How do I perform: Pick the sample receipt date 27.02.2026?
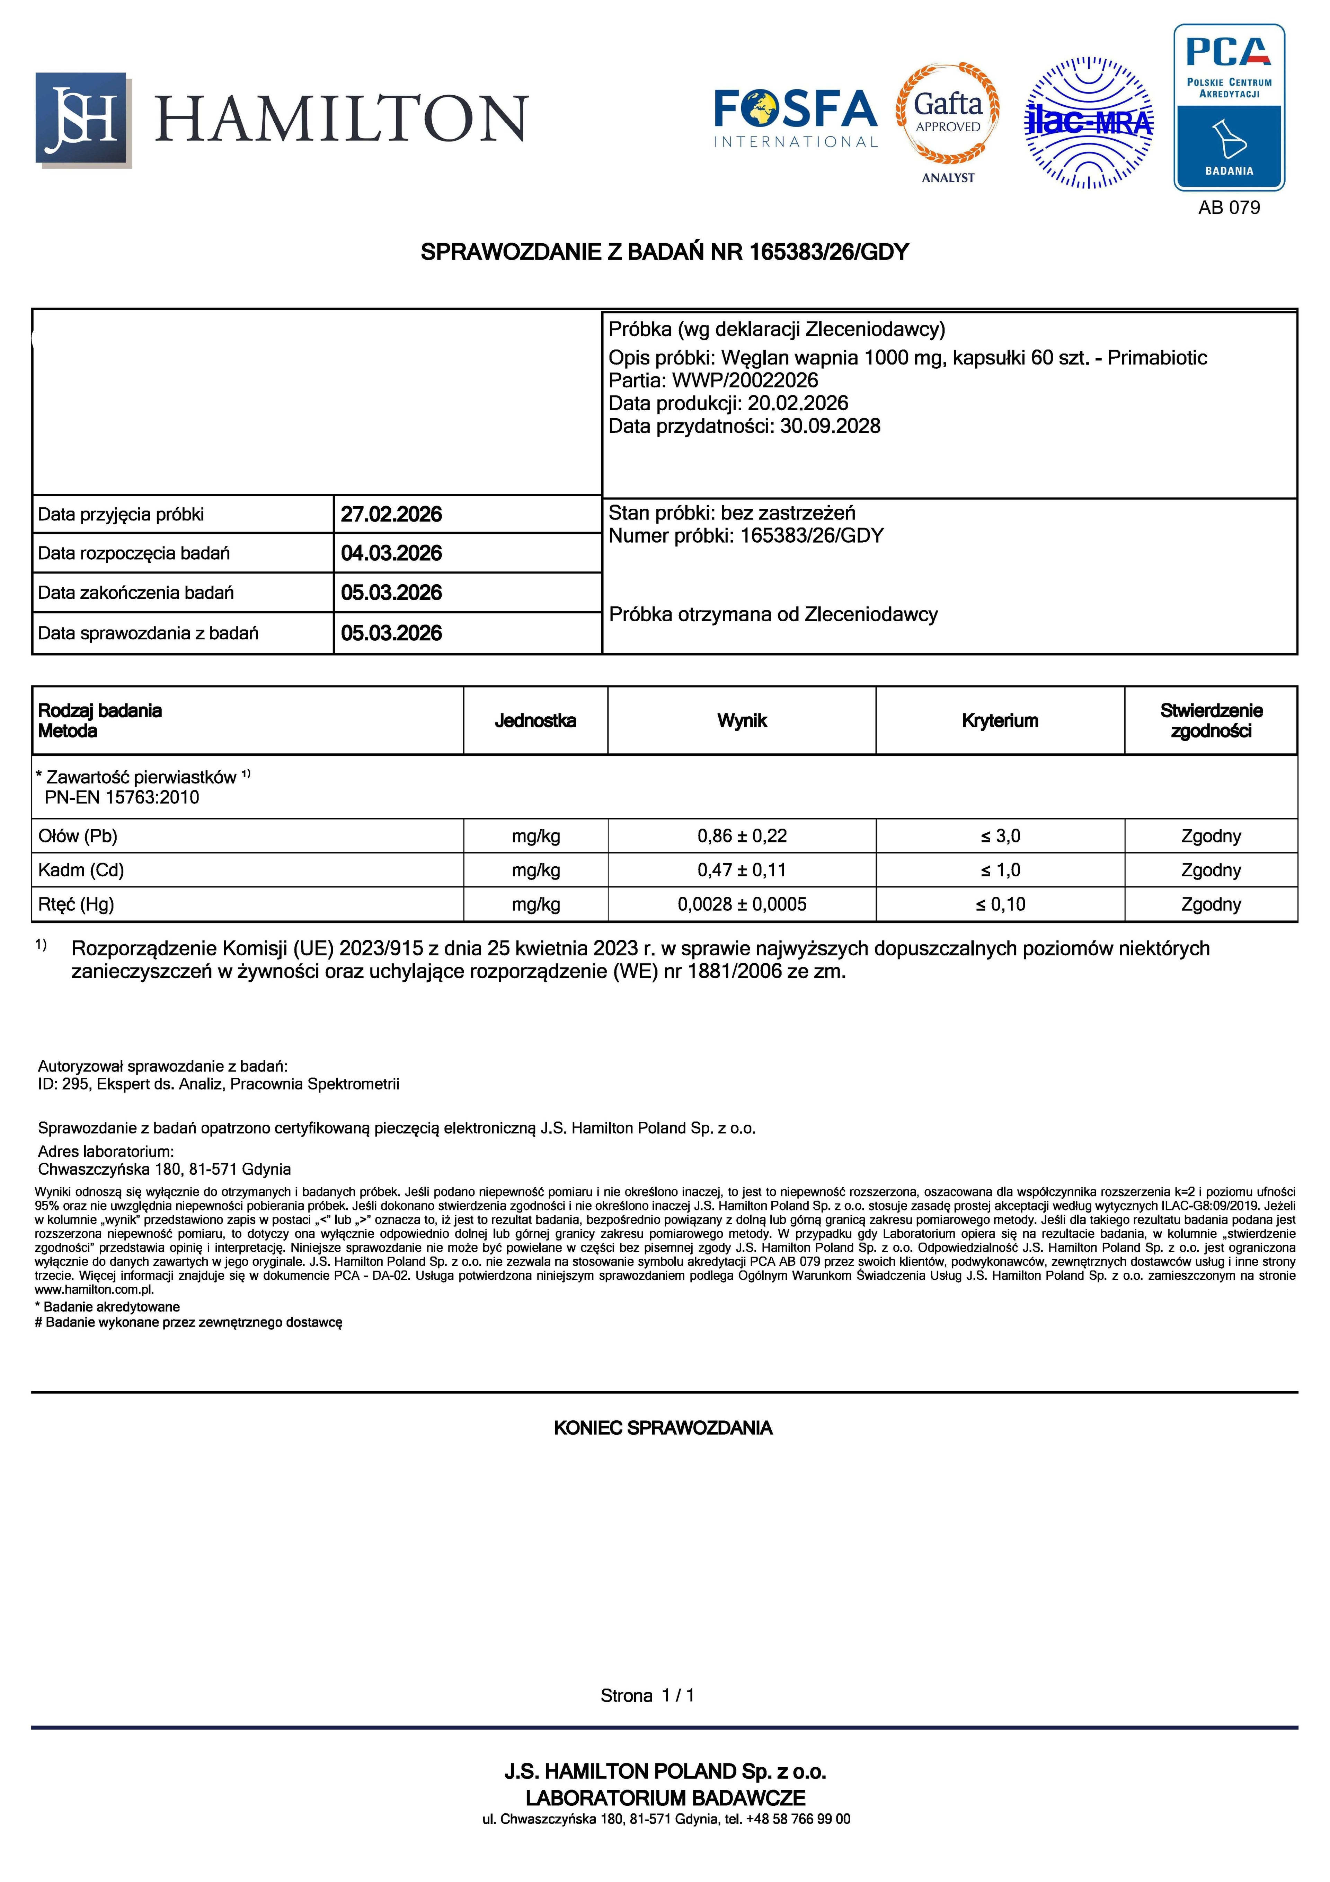391,515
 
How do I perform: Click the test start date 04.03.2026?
391,553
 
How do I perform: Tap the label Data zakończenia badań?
136,593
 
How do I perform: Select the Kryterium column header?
1000,720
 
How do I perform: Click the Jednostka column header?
535,720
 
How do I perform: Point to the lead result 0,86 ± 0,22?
742,836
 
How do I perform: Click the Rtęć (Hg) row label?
76,904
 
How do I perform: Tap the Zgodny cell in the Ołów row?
1211,836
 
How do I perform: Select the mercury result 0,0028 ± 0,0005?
742,904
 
